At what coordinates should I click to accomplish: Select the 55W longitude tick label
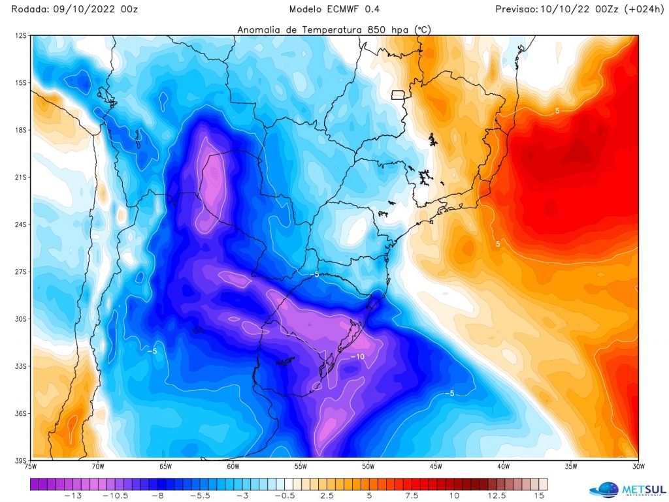pos(301,466)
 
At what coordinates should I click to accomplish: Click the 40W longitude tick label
pos(503,466)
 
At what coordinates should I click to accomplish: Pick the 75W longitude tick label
pos(31,466)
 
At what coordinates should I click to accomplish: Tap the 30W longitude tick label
pos(638,466)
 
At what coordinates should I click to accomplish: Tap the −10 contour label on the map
pos(357,356)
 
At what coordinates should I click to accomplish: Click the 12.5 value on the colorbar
pos(502,496)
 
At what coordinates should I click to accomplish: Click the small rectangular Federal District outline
pos(398,95)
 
